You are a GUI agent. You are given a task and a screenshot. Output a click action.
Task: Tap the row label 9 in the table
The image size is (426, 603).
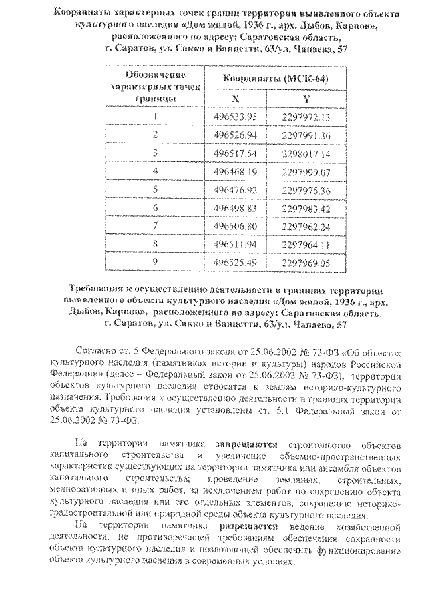155,262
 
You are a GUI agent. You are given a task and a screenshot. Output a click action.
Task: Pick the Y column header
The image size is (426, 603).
306,98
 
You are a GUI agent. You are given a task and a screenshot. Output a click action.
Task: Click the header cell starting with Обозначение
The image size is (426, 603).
154,75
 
